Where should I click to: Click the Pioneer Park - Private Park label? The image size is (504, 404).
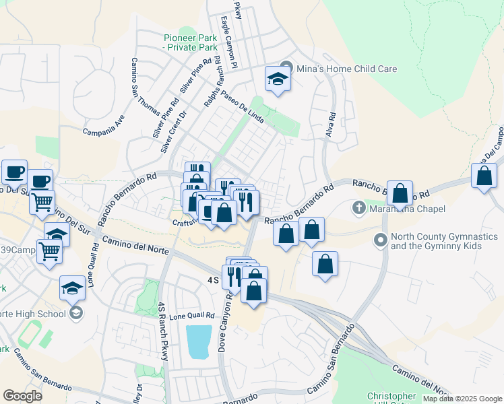191,42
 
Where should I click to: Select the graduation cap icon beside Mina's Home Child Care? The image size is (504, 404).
277,79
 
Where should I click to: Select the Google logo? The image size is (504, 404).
22,396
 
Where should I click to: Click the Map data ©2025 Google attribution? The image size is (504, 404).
462,399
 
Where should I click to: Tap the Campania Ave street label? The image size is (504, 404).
104,123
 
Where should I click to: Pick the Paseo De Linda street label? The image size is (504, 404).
236,102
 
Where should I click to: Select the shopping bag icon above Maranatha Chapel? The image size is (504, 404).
400,193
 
